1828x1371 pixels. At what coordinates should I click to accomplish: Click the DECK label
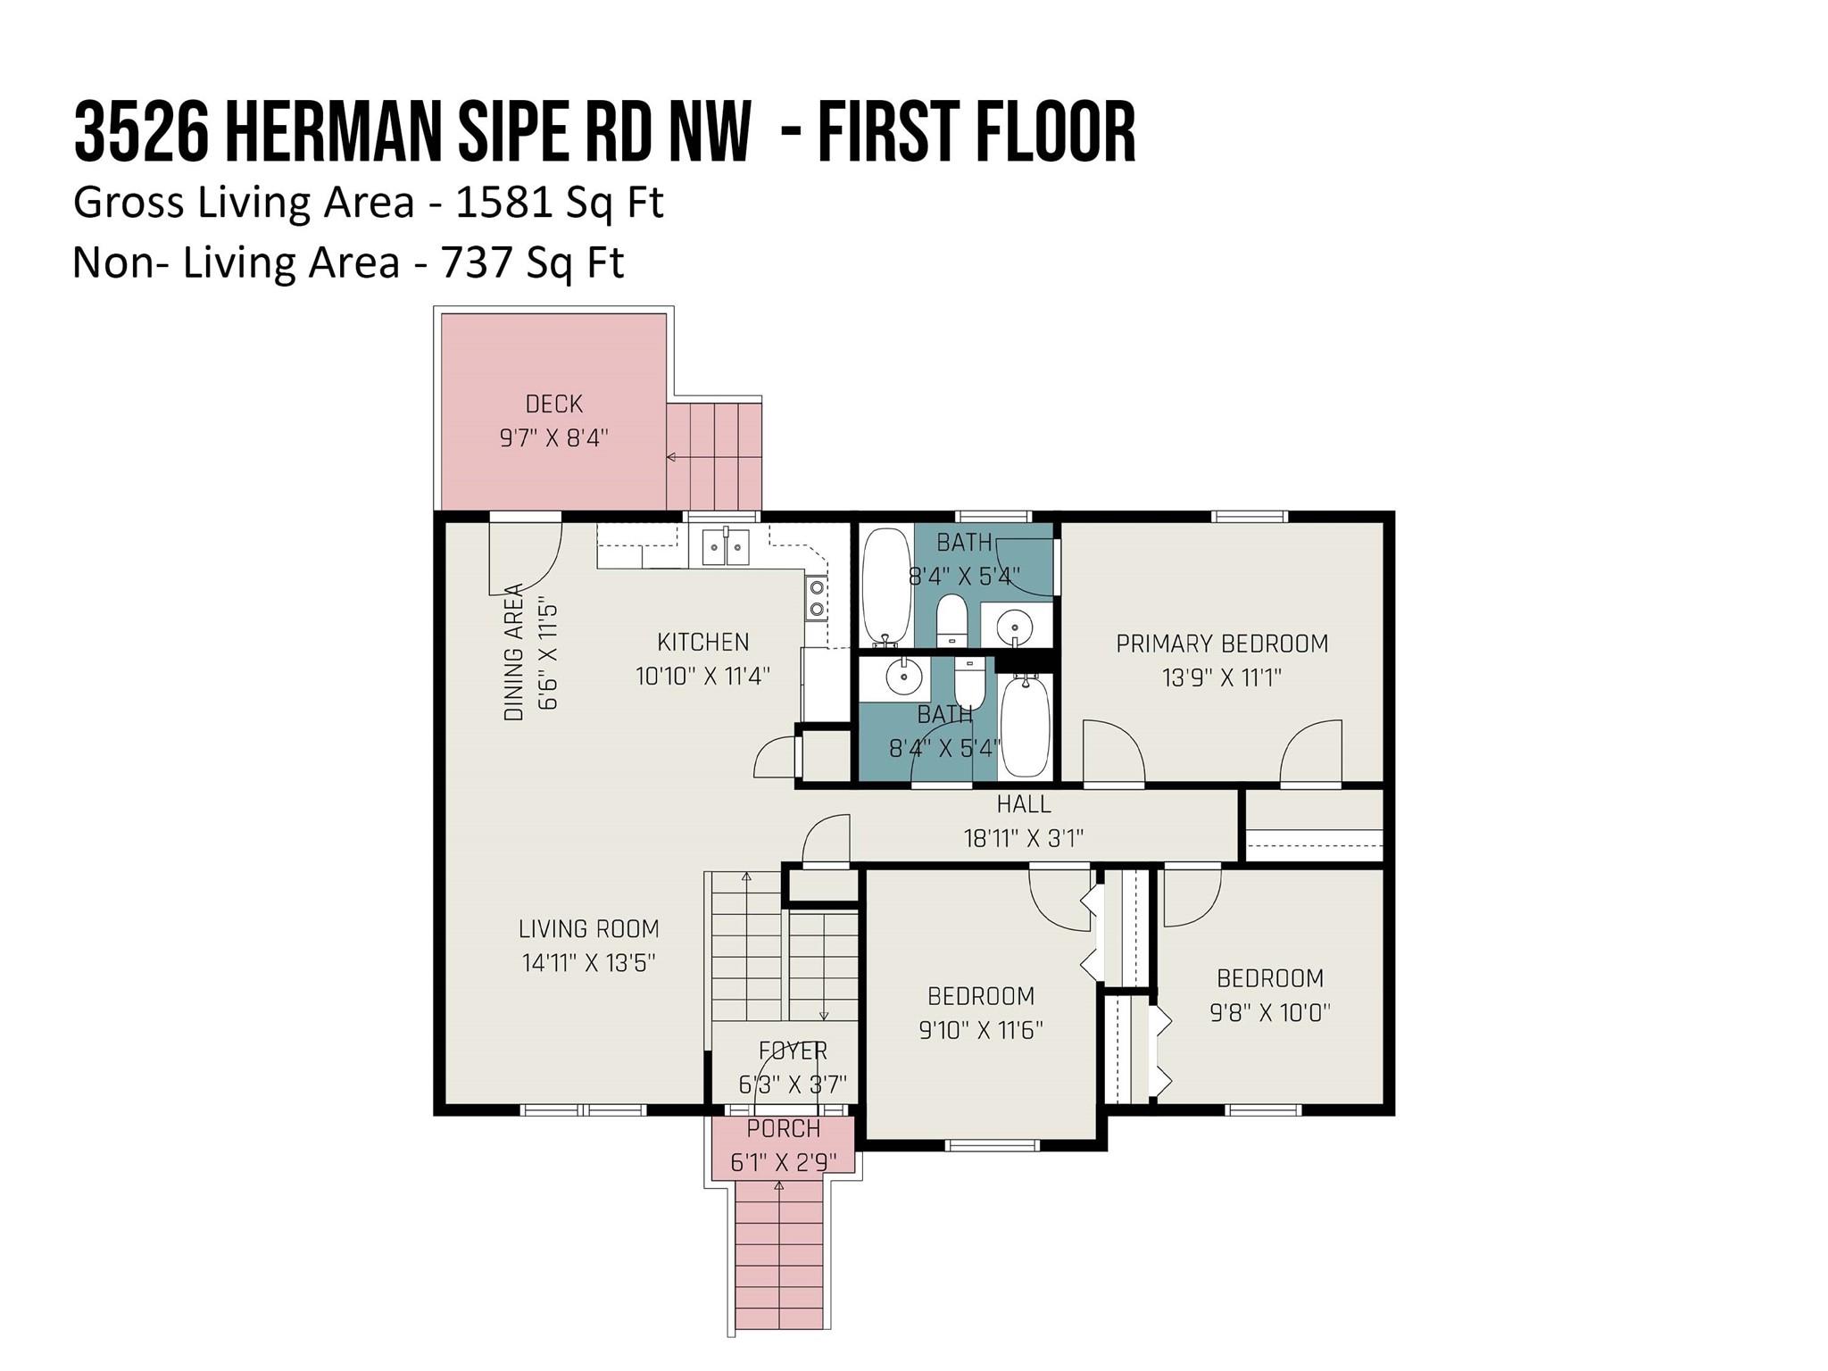click(553, 404)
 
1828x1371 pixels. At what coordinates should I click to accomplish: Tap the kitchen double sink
click(725, 546)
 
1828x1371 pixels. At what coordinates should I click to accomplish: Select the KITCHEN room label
click(702, 642)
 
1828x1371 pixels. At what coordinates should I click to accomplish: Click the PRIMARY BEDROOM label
click(1221, 644)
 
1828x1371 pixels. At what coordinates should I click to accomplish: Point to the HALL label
click(1023, 804)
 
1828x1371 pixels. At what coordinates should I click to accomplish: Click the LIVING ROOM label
click(588, 929)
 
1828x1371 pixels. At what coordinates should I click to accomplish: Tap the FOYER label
click(793, 1051)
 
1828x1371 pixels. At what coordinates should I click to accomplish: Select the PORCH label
click(783, 1129)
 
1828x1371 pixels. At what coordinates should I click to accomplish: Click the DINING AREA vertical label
click(514, 652)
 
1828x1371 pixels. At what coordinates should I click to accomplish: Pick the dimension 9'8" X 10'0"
click(1269, 1013)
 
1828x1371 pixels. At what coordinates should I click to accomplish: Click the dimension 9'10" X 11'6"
click(980, 1031)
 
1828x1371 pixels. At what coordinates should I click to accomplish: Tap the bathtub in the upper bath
click(885, 586)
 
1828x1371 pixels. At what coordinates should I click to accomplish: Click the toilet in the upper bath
click(952, 619)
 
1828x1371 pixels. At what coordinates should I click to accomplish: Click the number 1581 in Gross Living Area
click(503, 203)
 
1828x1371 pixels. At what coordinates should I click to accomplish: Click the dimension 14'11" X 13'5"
click(588, 963)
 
